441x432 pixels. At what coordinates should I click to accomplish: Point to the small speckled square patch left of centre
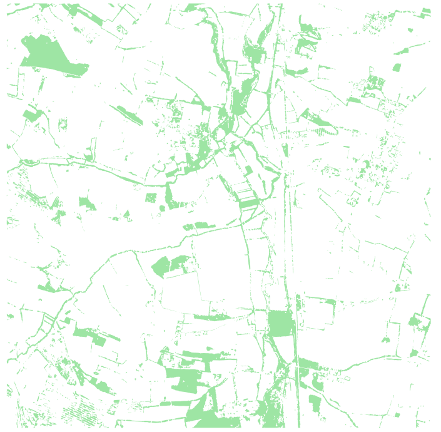coord(151,198)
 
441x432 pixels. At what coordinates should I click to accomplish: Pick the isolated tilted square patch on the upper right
coord(396,67)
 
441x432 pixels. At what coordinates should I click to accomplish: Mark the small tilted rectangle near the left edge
coord(30,115)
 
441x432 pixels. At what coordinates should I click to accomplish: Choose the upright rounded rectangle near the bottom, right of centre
coord(315,403)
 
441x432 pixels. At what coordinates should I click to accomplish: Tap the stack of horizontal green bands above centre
coord(248,201)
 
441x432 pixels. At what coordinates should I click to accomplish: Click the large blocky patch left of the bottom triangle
coord(185,379)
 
